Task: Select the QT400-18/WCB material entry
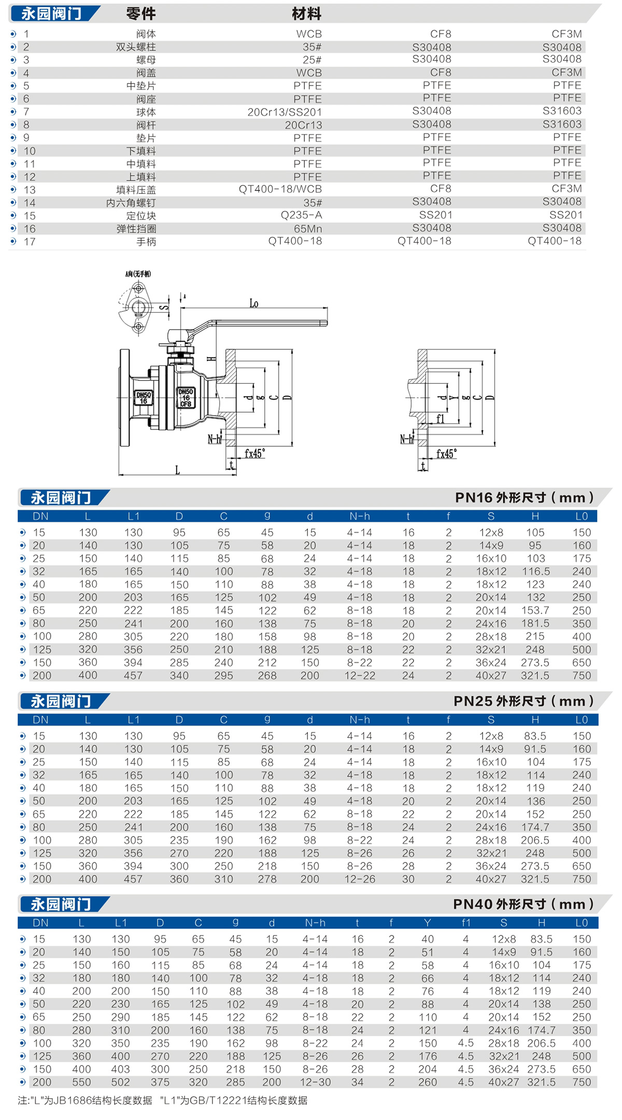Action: point(280,189)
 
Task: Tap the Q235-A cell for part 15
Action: point(301,215)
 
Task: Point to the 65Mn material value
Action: point(308,229)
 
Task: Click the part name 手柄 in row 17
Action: point(146,242)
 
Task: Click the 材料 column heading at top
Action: point(306,14)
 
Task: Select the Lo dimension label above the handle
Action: point(253,303)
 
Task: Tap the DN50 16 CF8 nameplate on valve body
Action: point(186,398)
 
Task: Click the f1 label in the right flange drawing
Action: point(440,419)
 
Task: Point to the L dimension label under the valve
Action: point(177,470)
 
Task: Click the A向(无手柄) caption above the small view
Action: point(138,274)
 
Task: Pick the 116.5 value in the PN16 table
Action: point(535,571)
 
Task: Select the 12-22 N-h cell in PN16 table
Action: point(359,675)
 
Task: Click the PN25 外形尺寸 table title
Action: point(523,701)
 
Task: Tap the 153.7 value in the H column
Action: point(535,611)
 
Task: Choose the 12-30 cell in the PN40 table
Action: point(315,1082)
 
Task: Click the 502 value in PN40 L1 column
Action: point(120,1082)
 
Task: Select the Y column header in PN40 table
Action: point(427,923)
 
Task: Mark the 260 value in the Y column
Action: point(427,1082)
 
